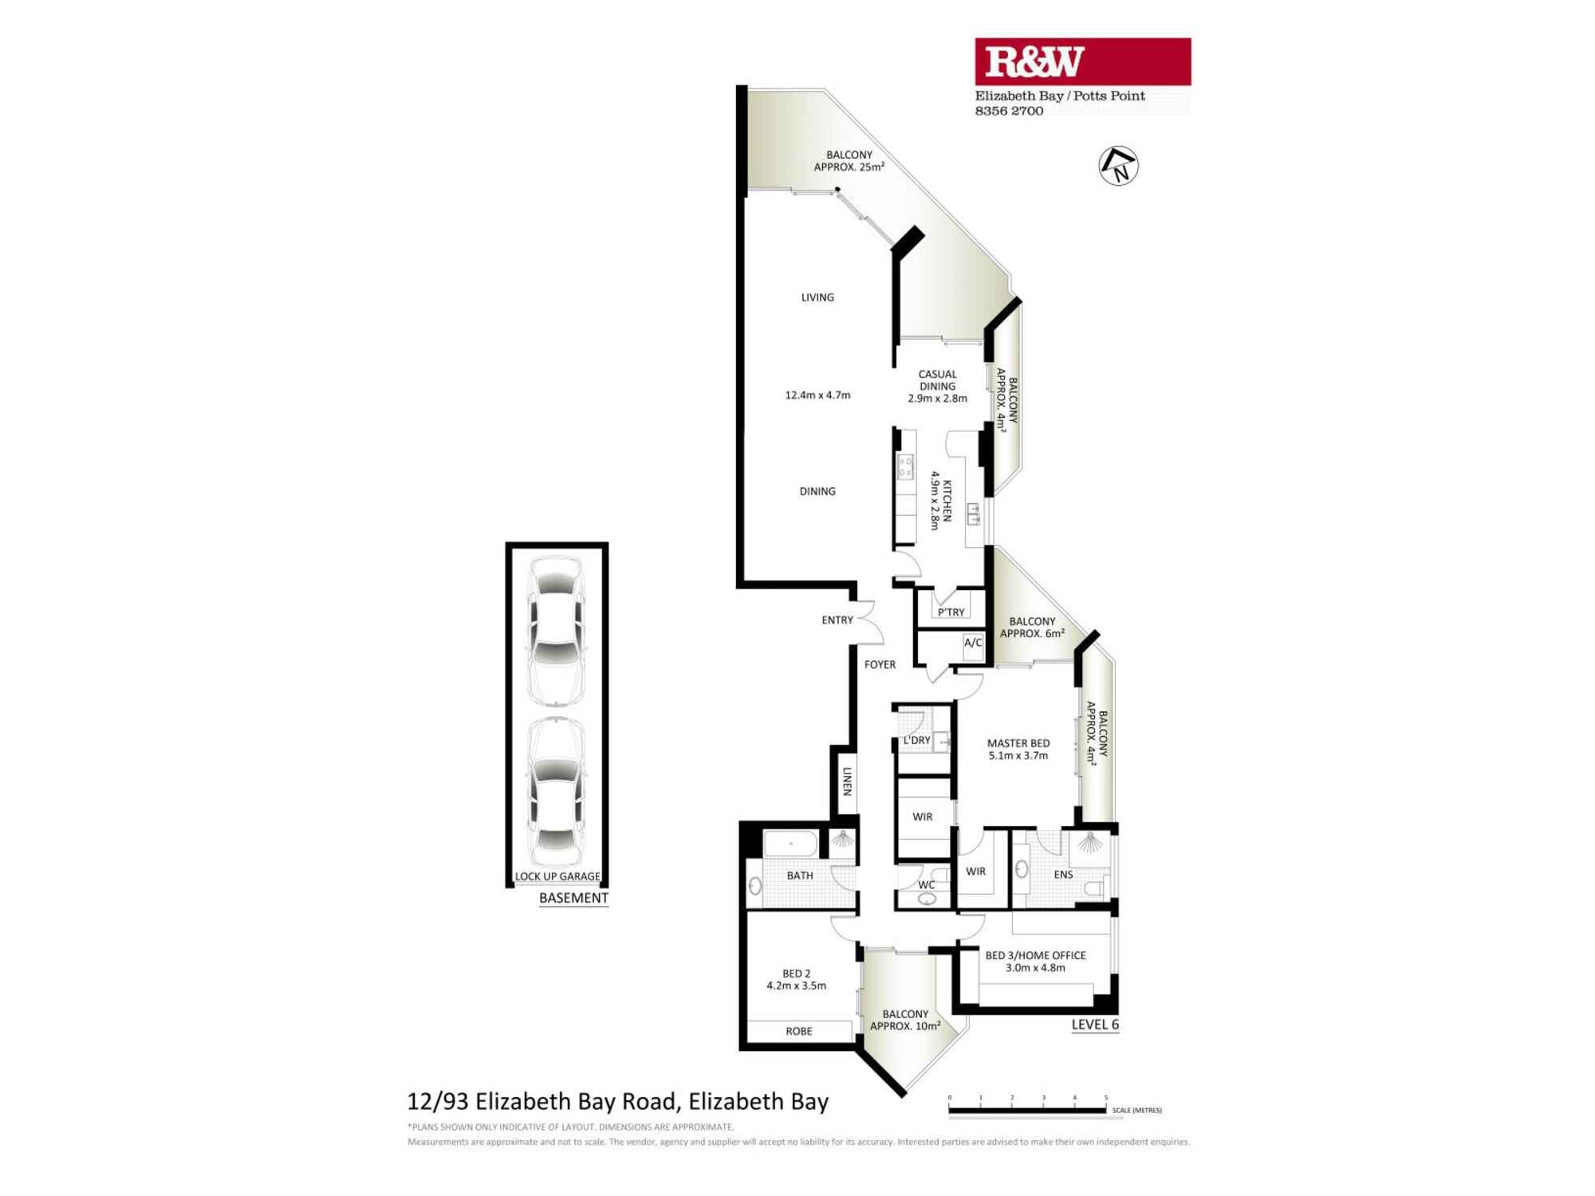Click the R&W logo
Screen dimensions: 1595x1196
[1082, 61]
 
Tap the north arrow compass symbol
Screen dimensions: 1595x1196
[1118, 166]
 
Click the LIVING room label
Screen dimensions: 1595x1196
[817, 297]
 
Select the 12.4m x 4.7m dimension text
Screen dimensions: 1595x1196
[817, 395]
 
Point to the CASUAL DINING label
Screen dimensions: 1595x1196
[937, 380]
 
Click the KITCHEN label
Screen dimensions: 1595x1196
[947, 500]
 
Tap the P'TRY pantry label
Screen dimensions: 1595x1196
[951, 612]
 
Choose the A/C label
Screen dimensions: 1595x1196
[973, 643]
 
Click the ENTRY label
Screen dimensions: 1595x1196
[837, 620]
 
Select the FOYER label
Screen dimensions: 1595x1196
[880, 664]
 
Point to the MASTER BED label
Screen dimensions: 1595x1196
[1018, 743]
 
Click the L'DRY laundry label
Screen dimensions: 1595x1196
[916, 740]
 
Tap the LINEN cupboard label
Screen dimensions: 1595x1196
[847, 781]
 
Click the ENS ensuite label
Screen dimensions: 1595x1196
[1063, 875]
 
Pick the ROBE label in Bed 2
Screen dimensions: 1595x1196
[798, 1031]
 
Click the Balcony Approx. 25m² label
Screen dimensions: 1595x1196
[849, 161]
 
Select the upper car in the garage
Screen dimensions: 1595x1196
[556, 631]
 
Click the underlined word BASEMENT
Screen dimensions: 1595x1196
[573, 898]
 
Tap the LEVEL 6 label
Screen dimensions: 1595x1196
[1095, 1025]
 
